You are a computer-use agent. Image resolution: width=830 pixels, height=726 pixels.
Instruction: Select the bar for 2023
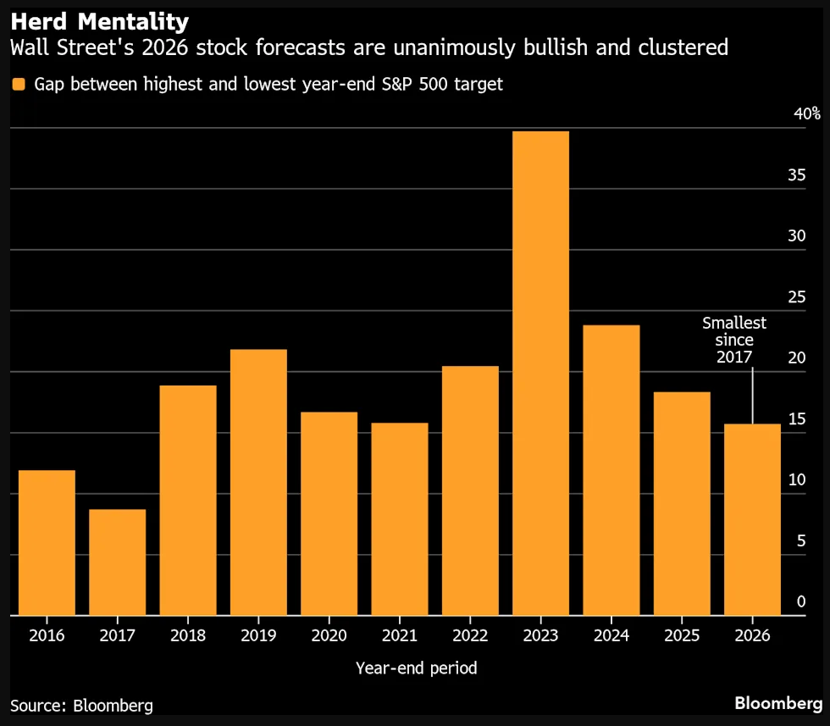(540, 373)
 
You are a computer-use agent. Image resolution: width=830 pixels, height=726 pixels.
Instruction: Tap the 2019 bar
(258, 482)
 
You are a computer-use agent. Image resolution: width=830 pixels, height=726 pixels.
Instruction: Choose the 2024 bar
(611, 470)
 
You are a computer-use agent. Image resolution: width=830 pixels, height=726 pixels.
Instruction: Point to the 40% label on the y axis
(806, 114)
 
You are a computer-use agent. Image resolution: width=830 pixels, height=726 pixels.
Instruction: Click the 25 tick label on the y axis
(797, 297)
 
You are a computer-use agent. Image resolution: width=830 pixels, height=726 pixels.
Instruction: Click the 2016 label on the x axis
(47, 636)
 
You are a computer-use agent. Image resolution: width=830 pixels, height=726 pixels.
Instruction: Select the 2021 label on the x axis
(399, 636)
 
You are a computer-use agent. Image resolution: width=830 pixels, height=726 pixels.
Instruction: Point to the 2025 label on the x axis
(681, 636)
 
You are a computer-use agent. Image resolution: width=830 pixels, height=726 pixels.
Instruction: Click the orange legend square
(17, 84)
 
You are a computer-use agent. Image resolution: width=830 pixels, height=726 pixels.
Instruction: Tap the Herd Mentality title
(99, 19)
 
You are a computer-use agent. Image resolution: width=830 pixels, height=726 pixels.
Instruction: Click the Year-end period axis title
(416, 668)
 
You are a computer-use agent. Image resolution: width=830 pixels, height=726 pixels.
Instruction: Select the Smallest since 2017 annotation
(734, 340)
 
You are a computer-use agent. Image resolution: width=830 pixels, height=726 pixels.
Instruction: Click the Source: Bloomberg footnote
(82, 705)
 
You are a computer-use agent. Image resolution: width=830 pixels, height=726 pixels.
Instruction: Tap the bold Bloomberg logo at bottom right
(778, 703)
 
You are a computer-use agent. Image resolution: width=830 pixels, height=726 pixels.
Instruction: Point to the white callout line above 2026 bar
(752, 394)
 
